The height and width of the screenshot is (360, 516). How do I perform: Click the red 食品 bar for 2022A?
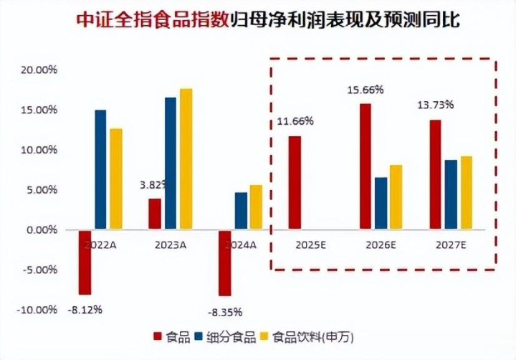[85, 262]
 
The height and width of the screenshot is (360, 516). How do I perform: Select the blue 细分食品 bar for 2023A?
[171, 164]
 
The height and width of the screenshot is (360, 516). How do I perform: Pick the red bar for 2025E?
[295, 183]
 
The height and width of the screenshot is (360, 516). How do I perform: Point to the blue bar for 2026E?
[381, 204]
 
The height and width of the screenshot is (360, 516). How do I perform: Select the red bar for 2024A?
[225, 263]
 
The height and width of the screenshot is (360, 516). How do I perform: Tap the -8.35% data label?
[224, 313]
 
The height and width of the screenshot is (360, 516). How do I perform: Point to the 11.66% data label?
[295, 121]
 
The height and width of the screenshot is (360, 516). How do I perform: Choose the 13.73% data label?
[435, 105]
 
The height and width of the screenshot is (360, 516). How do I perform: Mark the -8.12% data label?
[85, 311]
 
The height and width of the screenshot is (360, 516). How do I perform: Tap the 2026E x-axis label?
[381, 245]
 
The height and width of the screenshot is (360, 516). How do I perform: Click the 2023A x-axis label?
[171, 245]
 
